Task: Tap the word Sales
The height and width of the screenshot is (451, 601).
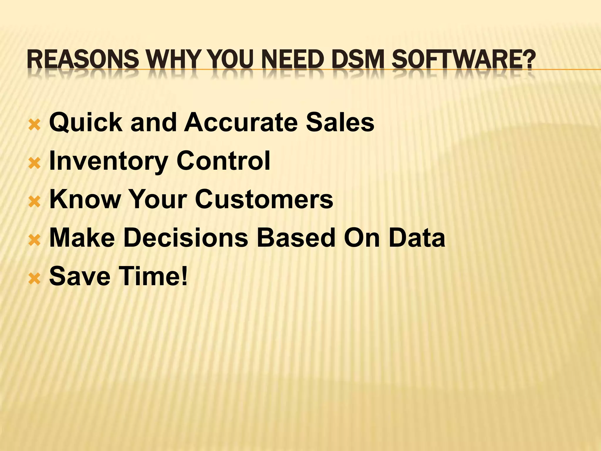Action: point(340,122)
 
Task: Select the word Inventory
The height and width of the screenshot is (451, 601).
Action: point(108,161)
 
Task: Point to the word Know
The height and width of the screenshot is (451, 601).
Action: point(85,199)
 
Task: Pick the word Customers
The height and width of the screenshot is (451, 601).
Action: point(264,199)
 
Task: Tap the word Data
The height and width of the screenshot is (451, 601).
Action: point(417,238)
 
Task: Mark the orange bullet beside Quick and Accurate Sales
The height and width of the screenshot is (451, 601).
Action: point(34,125)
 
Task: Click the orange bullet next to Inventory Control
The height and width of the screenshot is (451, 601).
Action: point(34,164)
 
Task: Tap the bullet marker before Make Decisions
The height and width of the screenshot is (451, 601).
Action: point(34,241)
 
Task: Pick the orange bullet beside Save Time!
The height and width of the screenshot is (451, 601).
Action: point(34,279)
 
